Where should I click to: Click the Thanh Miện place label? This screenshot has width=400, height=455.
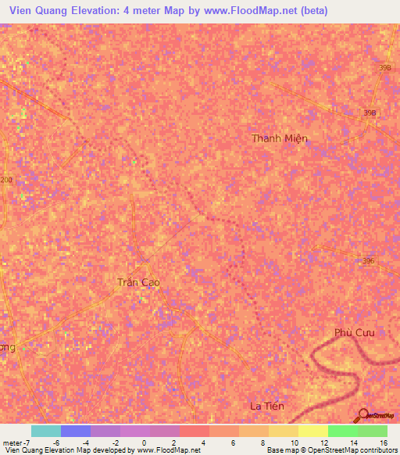tap(280, 138)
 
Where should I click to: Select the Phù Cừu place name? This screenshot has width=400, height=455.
tap(355, 332)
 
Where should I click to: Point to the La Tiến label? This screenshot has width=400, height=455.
tap(266, 406)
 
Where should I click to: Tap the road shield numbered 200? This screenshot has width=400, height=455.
tap(6, 180)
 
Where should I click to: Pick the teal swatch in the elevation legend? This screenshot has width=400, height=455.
tap(46, 431)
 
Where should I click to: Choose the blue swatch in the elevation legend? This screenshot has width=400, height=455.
tap(76, 431)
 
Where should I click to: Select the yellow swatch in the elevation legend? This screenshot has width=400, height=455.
tap(313, 431)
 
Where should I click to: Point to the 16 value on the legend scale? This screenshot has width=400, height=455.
tap(383, 442)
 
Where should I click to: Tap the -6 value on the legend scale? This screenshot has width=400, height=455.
tap(55, 442)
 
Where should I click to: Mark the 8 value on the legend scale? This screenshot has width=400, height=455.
tap(263, 442)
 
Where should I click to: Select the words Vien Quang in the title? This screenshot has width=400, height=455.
tap(36, 10)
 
